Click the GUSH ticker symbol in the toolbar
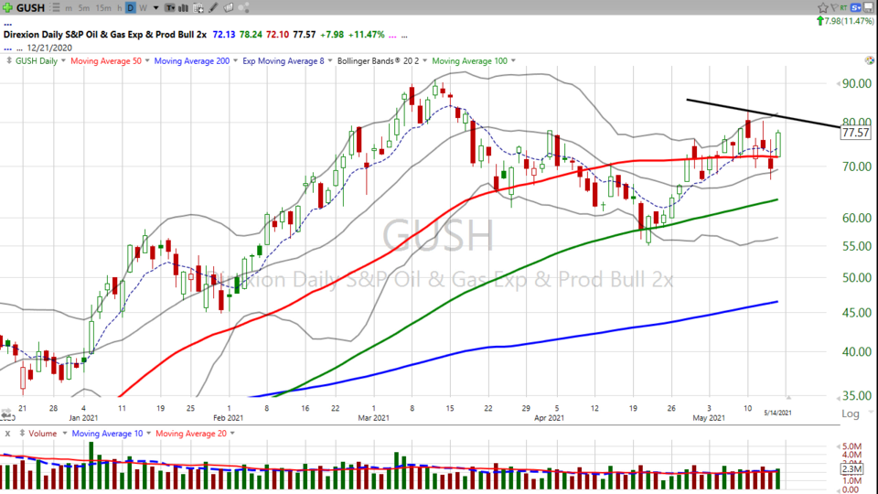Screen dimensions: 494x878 pos(30,7)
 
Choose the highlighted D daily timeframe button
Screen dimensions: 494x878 pos(130,7)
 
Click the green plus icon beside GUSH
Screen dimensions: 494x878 pos(8,7)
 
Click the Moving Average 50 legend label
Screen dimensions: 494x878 pos(106,60)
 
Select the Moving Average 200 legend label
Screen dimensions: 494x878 pos(191,60)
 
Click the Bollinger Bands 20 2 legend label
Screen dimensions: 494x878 pos(377,60)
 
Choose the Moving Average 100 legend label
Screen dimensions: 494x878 pos(469,60)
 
